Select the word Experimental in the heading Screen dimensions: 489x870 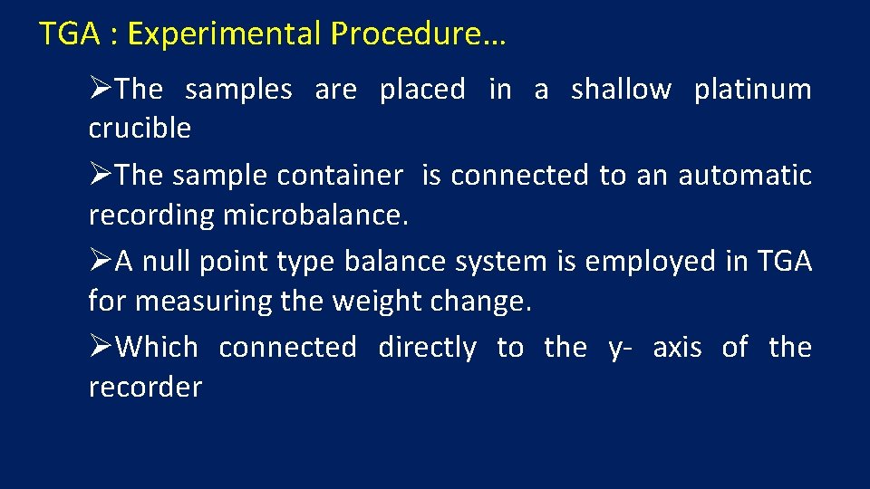(225, 34)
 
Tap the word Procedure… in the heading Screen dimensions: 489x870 (419, 34)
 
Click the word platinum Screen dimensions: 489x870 (752, 90)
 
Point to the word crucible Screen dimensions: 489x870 (140, 129)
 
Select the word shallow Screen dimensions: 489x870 (621, 90)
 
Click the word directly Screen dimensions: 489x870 (427, 348)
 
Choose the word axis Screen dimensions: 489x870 (677, 348)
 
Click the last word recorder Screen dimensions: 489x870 (145, 388)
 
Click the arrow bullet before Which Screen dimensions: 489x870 (101, 348)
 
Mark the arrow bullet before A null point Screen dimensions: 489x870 (101, 262)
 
